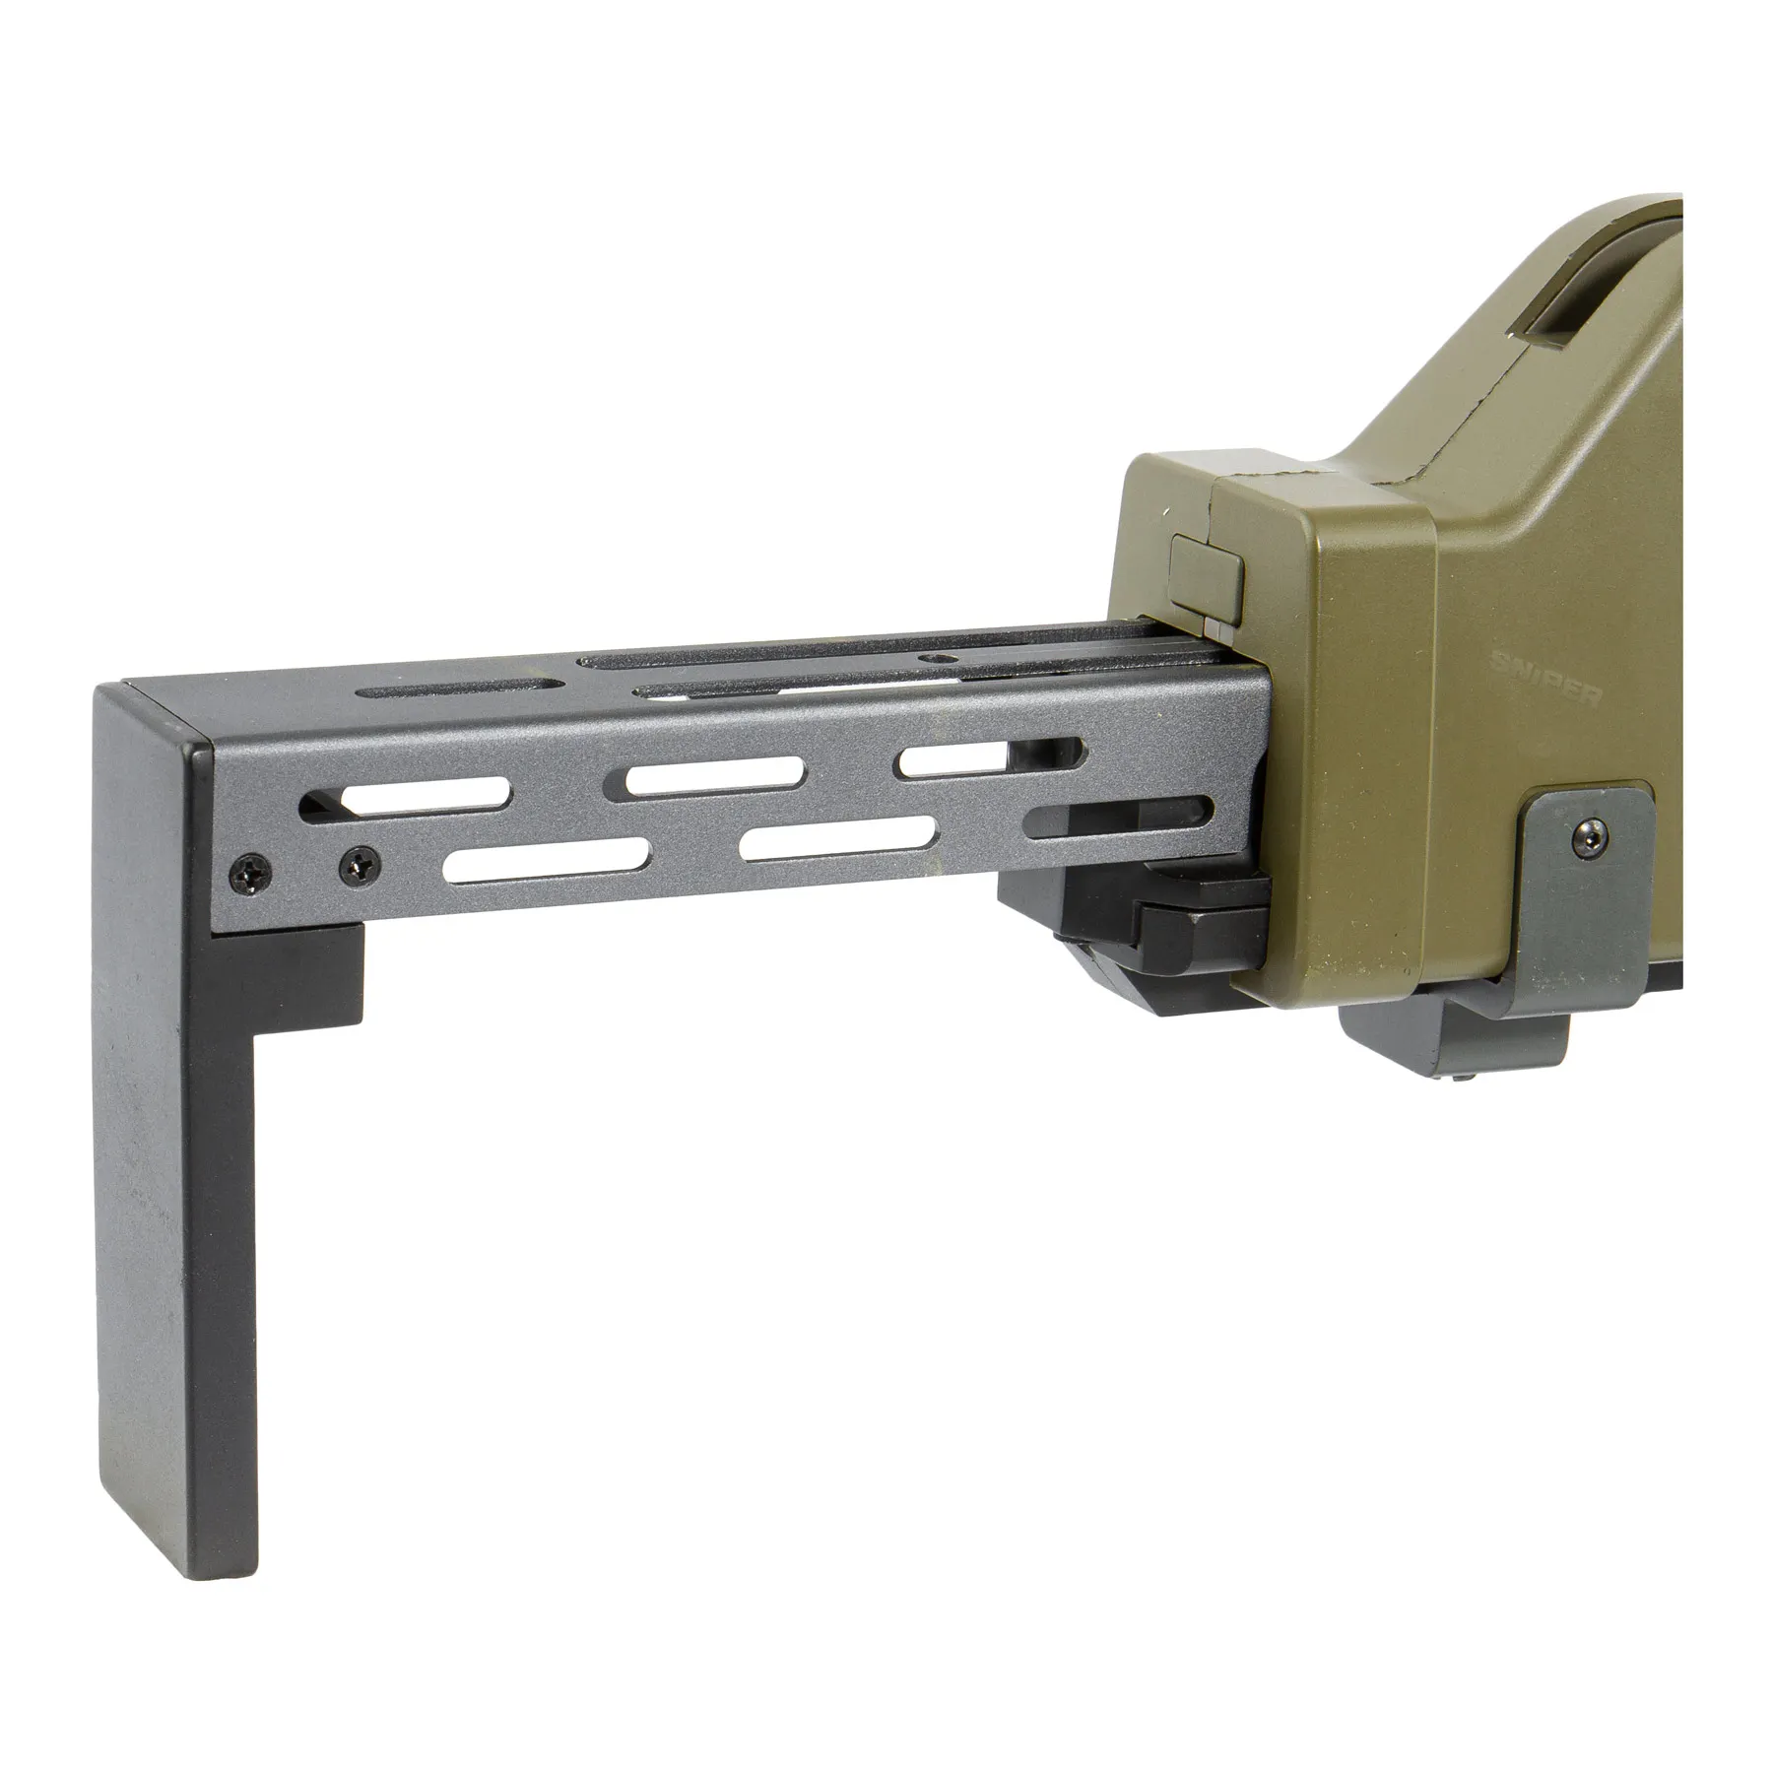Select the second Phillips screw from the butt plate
coord(358,864)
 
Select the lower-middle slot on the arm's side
coord(838,838)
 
